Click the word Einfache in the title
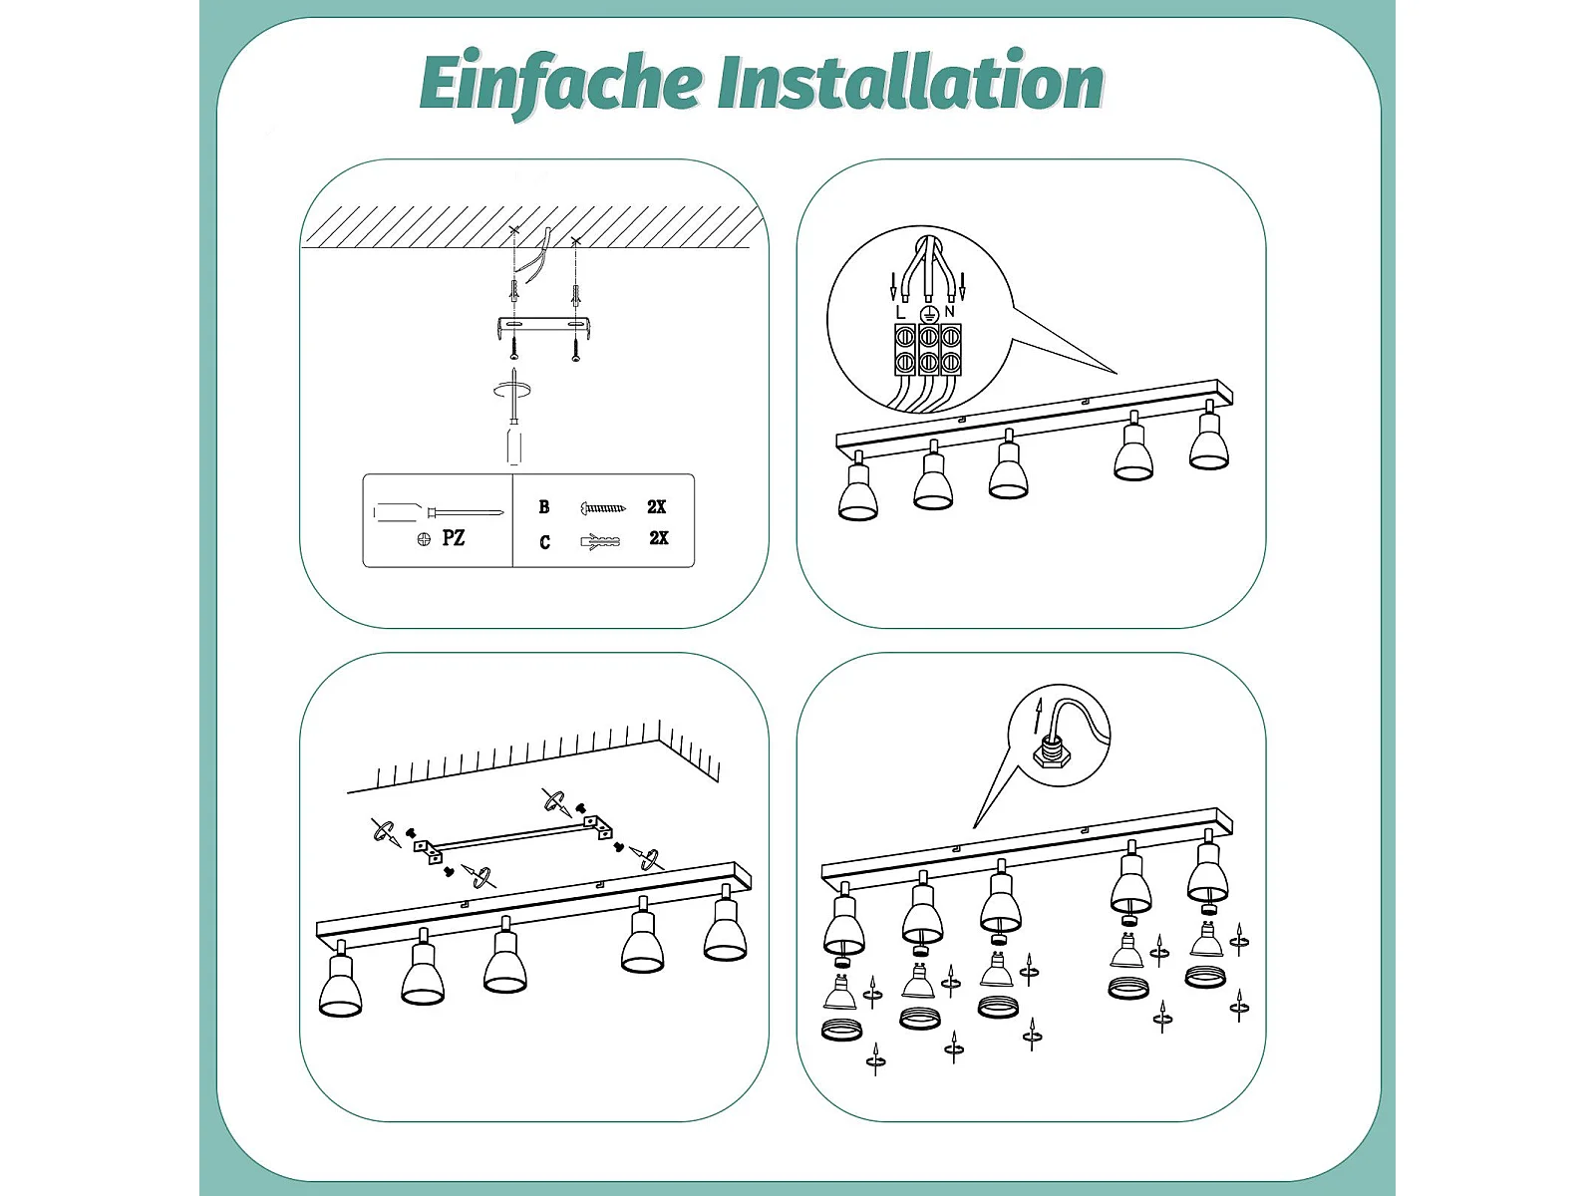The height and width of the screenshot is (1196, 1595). click(560, 83)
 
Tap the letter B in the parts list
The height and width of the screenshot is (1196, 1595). click(544, 507)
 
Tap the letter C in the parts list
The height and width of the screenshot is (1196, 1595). click(545, 542)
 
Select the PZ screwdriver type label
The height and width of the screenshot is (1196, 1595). click(453, 538)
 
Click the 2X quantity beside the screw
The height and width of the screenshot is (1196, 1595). click(656, 507)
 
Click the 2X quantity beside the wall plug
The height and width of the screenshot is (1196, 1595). click(658, 538)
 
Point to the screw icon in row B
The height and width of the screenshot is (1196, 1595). click(602, 507)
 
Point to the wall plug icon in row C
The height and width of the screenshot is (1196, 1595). click(600, 542)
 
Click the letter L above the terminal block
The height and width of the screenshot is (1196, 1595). click(900, 313)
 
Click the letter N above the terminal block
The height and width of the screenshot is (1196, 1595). click(949, 312)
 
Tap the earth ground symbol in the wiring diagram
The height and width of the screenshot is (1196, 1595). click(928, 314)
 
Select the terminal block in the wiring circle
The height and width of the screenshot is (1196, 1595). click(928, 350)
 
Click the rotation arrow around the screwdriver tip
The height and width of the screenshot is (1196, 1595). click(513, 391)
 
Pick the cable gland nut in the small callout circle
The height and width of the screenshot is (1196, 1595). click(1051, 757)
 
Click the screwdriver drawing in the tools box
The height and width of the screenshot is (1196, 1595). click(439, 512)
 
